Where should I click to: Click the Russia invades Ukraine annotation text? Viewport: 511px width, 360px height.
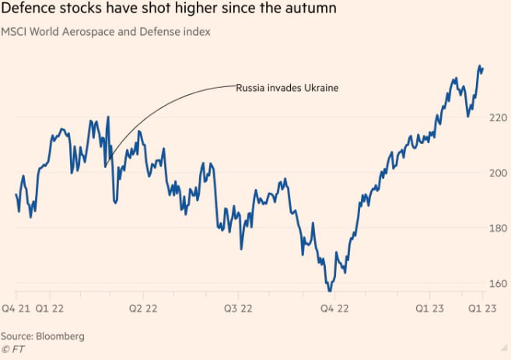pyautogui.click(x=287, y=87)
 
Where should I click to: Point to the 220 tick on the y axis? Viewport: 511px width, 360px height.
pyautogui.click(x=498, y=117)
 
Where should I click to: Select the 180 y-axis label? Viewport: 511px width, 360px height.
pyautogui.click(x=498, y=228)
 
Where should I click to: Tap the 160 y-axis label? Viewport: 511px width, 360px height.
pyautogui.click(x=498, y=283)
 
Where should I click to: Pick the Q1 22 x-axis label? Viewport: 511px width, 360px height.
pyautogui.click(x=61, y=309)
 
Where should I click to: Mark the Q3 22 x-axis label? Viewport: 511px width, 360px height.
pyautogui.click(x=237, y=309)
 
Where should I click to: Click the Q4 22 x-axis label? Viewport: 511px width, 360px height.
pyautogui.click(x=335, y=309)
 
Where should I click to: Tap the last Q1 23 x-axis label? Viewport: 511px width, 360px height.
pyautogui.click(x=482, y=309)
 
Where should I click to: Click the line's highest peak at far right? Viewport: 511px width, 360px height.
pyautogui.click(x=479, y=67)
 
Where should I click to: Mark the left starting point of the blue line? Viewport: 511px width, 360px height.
pyautogui.click(x=16, y=194)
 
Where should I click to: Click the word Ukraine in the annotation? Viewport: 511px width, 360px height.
pyautogui.click(x=320, y=87)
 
